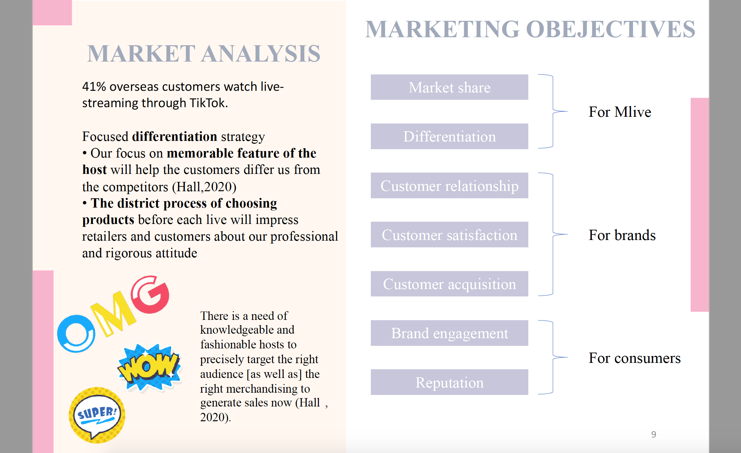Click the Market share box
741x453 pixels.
pos(449,87)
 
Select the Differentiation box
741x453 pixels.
pos(449,136)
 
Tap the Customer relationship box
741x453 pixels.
pos(449,185)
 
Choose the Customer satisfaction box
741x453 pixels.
pos(449,235)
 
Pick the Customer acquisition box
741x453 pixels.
pos(449,284)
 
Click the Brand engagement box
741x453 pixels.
pos(449,333)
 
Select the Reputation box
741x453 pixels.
pos(449,382)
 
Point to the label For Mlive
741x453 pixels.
pos(620,112)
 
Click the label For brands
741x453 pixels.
pos(622,235)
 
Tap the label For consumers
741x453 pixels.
pos(635,358)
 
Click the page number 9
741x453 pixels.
pos(653,434)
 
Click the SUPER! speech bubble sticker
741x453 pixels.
pos(97,415)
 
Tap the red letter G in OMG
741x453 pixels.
pos(150,294)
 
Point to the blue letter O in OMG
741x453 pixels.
pos(76,334)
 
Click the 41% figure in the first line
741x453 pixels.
pos(94,87)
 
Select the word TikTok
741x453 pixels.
pos(209,103)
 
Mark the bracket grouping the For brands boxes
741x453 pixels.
pos(553,234)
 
